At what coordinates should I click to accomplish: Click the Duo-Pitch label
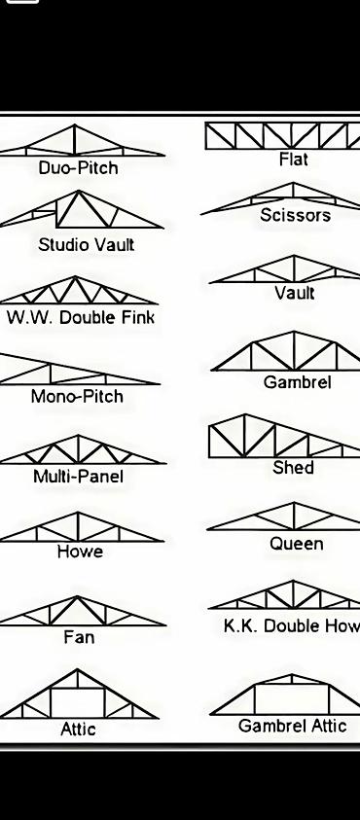(79, 168)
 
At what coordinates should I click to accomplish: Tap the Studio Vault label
(87, 245)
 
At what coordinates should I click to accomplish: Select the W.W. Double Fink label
(81, 317)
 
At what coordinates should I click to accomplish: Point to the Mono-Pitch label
(78, 396)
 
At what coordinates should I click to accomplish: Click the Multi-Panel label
(79, 477)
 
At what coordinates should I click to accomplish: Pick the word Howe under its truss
(80, 552)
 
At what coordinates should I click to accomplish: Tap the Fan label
(79, 637)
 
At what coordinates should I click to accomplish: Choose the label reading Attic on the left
(79, 729)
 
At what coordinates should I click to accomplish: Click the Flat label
(294, 159)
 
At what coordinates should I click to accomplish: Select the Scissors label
(295, 215)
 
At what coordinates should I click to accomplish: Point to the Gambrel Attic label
(293, 726)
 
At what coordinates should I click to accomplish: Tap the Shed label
(293, 467)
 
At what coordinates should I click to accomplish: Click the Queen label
(296, 544)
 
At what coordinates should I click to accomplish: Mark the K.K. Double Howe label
(292, 626)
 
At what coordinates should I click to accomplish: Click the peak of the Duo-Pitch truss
(74, 125)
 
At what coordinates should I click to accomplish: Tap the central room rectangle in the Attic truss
(78, 703)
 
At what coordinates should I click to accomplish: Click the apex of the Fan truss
(78, 596)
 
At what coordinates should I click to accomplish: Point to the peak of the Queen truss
(294, 503)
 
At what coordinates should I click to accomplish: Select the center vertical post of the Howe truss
(78, 526)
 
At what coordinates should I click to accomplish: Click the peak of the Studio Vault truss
(79, 191)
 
